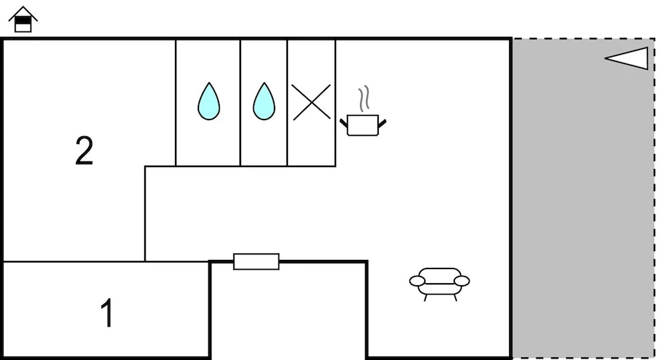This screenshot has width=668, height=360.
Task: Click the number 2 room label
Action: (84, 150)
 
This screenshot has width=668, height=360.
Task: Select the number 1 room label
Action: (108, 313)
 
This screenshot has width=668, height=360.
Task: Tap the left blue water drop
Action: (208, 101)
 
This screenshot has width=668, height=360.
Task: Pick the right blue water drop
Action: (264, 101)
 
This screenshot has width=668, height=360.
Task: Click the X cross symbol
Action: (311, 102)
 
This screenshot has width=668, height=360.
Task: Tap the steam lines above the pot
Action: (364, 99)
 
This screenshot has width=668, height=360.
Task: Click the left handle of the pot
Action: (343, 124)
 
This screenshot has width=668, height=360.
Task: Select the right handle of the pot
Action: (382, 124)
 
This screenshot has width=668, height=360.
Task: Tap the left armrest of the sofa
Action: (417, 281)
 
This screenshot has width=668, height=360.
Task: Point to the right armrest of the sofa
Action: (462, 281)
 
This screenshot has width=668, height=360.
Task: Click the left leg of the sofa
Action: (426, 298)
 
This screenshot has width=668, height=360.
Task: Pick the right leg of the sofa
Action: (455, 298)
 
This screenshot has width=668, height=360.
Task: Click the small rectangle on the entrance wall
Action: (256, 262)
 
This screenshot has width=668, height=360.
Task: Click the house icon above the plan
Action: (23, 19)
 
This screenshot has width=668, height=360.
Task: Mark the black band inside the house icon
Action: (23, 20)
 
